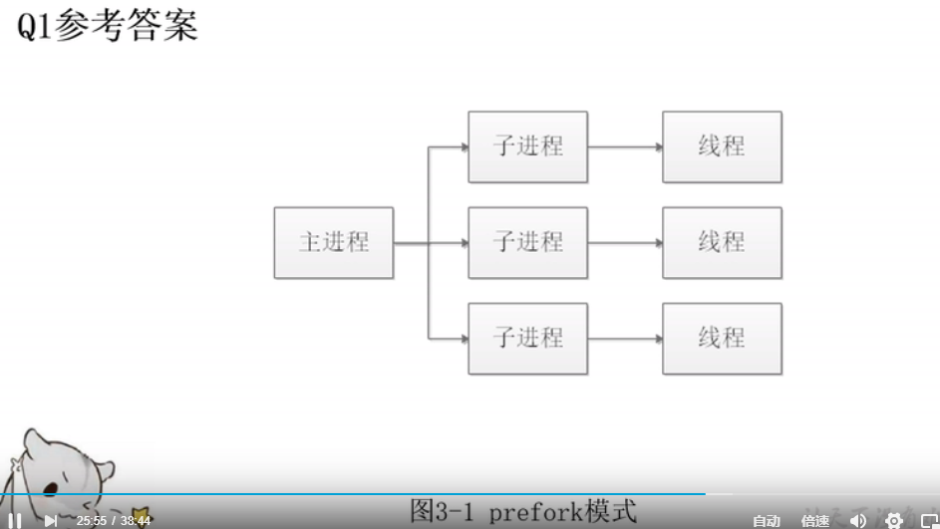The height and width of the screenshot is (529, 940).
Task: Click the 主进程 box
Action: pos(334,242)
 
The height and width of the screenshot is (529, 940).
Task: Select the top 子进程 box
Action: pos(527,146)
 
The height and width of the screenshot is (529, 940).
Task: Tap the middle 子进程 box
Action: pos(527,242)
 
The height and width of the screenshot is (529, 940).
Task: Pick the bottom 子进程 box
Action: pos(527,338)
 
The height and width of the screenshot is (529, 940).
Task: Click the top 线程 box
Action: pos(722,146)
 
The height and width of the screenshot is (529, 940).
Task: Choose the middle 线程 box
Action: pos(722,242)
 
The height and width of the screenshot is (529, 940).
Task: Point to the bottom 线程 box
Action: pos(722,338)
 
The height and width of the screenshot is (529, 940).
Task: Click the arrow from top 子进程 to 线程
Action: pos(625,147)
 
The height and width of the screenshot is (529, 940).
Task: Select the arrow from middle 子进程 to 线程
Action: pos(625,243)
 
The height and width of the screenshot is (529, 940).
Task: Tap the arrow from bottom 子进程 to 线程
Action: pos(625,339)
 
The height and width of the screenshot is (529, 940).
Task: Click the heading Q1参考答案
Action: pos(108,25)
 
